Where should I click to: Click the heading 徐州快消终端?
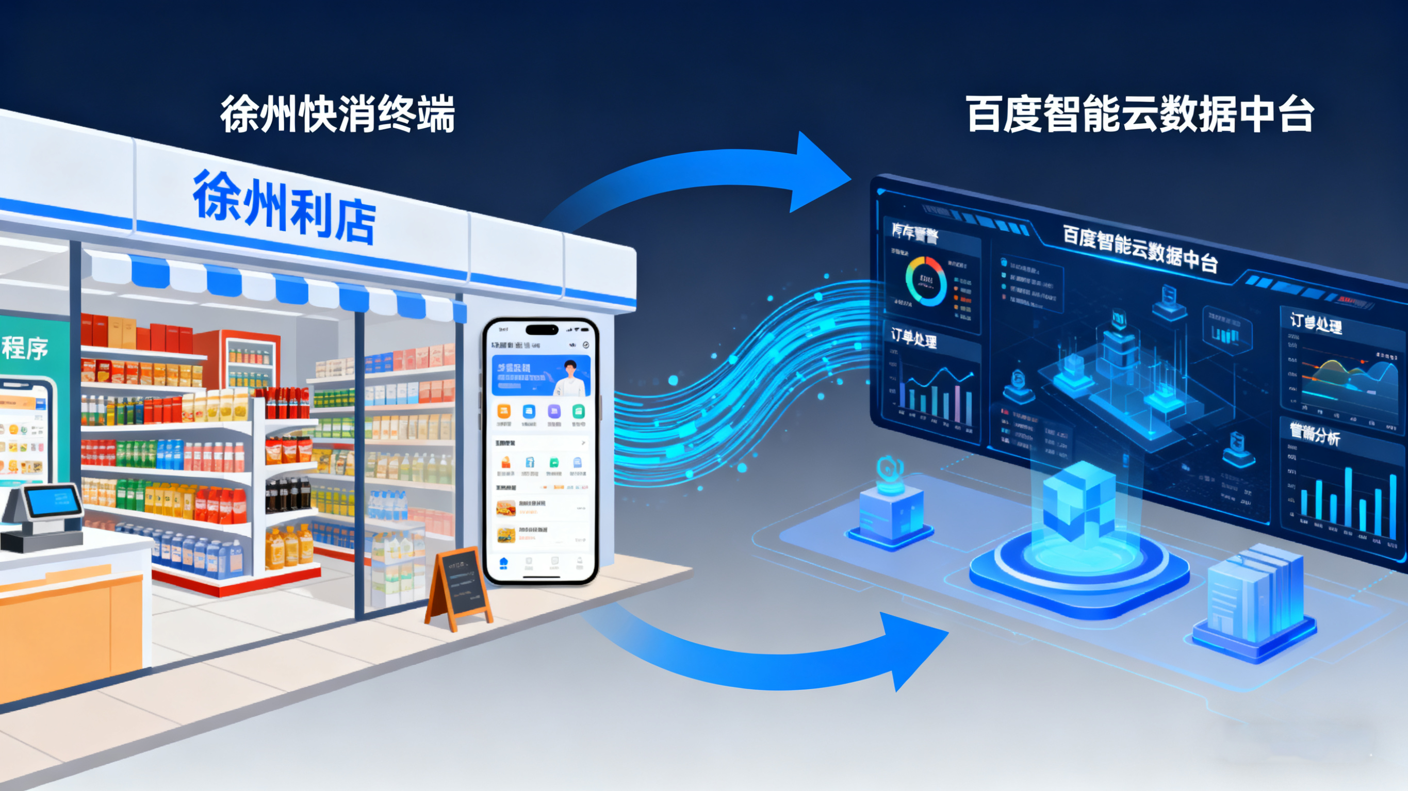[337, 113]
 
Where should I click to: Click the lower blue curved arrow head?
[913, 647]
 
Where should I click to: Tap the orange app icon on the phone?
[503, 411]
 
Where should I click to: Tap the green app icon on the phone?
[578, 411]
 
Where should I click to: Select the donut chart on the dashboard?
[926, 281]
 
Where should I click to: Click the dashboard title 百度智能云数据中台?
[1140, 248]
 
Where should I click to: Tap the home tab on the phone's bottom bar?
[503, 563]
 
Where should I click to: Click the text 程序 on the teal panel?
[25, 348]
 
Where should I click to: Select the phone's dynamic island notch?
[541, 330]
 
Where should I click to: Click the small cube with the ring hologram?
[891, 508]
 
